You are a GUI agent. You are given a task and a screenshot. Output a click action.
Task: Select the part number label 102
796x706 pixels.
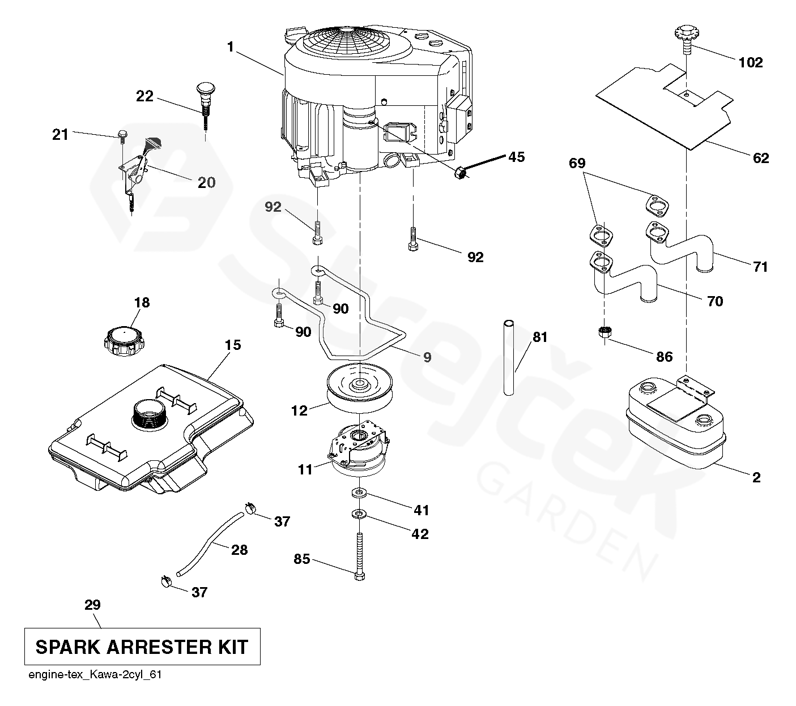751,62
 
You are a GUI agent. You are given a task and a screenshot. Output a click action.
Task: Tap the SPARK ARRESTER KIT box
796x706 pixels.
142,646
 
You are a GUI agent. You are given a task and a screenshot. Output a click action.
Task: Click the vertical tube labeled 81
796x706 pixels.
508,357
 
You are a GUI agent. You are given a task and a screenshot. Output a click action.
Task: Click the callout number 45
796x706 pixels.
516,157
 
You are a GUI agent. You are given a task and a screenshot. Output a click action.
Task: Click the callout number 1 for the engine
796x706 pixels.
230,48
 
